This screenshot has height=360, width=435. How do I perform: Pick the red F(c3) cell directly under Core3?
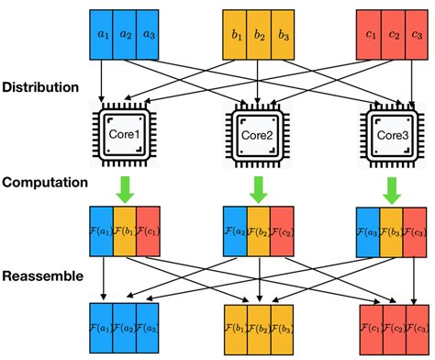coord(415,231)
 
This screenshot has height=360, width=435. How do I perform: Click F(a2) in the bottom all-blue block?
coord(123,325)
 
